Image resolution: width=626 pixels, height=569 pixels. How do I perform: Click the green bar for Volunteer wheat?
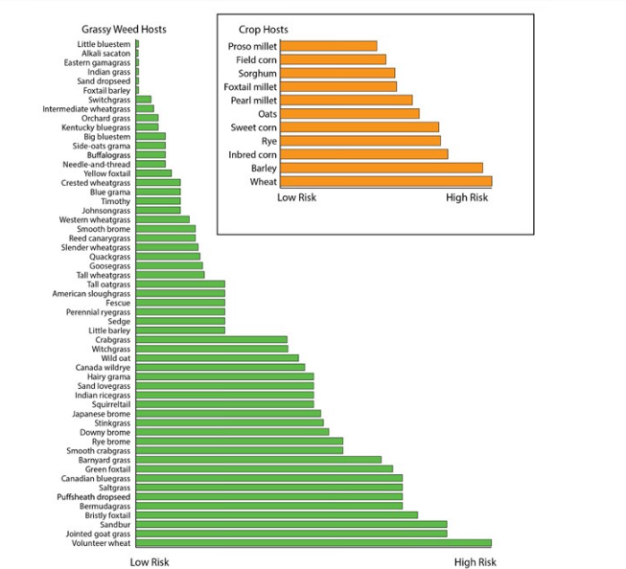click(313, 543)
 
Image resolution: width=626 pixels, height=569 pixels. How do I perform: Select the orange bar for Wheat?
click(385, 181)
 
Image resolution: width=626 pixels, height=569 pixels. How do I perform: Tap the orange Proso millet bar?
click(328, 46)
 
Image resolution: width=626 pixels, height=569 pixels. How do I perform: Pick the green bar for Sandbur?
click(291, 525)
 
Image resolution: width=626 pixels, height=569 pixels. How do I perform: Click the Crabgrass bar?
click(212, 339)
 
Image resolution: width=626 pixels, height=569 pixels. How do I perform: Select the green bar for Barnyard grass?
click(259, 460)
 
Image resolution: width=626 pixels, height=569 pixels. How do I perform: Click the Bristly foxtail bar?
click(277, 515)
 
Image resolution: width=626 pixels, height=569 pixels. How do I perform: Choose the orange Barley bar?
click(381, 168)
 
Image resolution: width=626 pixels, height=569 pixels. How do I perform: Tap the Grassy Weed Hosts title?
click(125, 29)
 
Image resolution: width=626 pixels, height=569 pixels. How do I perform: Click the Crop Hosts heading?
click(263, 30)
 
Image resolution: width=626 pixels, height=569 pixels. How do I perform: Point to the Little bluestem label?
click(104, 44)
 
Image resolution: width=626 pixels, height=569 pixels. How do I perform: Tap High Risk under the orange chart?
click(467, 198)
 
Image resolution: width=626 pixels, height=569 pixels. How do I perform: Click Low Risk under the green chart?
click(150, 562)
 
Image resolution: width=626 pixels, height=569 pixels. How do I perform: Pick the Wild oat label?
click(115, 357)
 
